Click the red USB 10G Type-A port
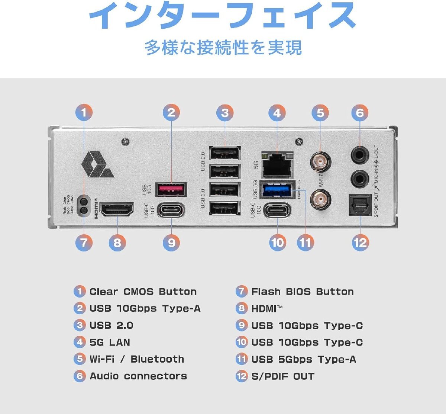pyautogui.click(x=171, y=190)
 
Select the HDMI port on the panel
pyautogui.click(x=117, y=210)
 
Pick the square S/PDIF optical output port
pyautogui.click(x=360, y=205)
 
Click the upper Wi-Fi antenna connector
pyautogui.click(x=320, y=162)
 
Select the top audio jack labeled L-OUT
pyautogui.click(x=360, y=155)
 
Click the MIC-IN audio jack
pyautogui.click(x=360, y=179)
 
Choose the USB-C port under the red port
pyautogui.click(x=171, y=210)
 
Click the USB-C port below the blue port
pyautogui.click(x=277, y=210)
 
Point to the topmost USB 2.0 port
pyautogui.click(x=224, y=153)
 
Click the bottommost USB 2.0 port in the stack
pyautogui.click(x=224, y=208)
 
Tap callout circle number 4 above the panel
pyautogui.click(x=277, y=113)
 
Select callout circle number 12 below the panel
pyautogui.click(x=360, y=243)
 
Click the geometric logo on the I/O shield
pyautogui.click(x=97, y=164)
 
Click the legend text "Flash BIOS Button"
pyautogui.click(x=302, y=292)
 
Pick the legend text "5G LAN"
pyautogui.click(x=110, y=342)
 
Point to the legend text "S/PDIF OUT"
pyautogui.click(x=282, y=376)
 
